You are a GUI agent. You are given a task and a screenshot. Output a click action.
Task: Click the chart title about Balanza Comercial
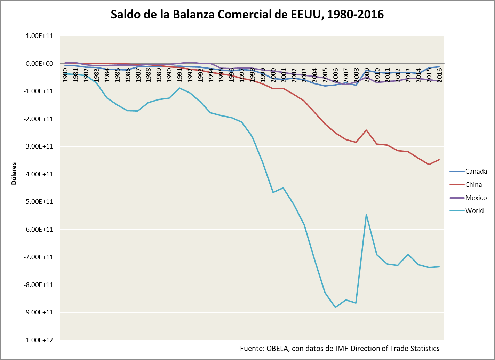point(247,15)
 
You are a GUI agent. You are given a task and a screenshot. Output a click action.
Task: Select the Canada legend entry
point(476,171)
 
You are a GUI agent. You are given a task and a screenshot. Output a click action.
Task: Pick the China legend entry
point(473,185)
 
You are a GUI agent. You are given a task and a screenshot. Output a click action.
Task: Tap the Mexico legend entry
point(476,198)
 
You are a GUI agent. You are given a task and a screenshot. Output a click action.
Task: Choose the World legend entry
point(474,211)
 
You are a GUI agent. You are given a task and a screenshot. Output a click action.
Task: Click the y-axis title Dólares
point(14,173)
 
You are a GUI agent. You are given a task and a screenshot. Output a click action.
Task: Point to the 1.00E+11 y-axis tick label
point(39,36)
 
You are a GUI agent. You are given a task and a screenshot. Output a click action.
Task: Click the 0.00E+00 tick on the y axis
point(39,64)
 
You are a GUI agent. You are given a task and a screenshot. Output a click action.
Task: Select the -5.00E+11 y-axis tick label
point(38,202)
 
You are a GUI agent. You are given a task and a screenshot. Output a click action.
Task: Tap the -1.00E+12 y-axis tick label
point(38,340)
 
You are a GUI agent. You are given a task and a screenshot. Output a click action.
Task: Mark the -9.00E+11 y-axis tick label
point(38,312)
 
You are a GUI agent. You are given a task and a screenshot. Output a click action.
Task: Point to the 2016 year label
point(439,75)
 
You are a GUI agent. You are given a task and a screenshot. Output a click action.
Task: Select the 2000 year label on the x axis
point(273,75)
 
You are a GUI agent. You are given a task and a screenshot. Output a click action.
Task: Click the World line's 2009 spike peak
point(366,215)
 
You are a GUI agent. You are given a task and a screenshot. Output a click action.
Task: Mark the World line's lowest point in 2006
point(335,307)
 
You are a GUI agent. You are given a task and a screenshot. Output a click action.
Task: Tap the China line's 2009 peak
point(366,130)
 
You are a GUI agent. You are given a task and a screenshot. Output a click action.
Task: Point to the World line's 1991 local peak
point(179,88)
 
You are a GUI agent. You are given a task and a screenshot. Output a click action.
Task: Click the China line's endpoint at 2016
point(439,160)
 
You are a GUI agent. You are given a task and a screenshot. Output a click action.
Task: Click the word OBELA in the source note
point(277,349)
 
